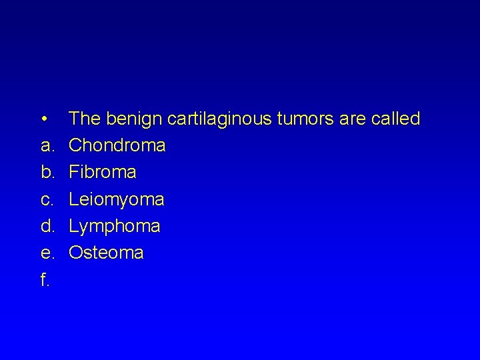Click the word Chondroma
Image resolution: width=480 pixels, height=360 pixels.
click(x=117, y=145)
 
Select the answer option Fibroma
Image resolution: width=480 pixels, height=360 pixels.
click(x=103, y=173)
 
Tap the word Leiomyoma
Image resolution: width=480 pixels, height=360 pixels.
click(x=117, y=200)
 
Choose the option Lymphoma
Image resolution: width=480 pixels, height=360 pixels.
click(x=115, y=227)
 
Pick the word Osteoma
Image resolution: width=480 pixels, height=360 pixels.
click(x=106, y=253)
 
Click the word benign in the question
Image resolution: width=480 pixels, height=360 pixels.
click(x=137, y=119)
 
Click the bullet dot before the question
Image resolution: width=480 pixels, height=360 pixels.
click(x=43, y=120)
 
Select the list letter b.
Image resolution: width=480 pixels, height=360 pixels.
click(x=46, y=173)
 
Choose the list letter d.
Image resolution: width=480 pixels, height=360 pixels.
click(x=46, y=227)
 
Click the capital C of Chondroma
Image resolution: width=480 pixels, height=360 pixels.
click(x=76, y=145)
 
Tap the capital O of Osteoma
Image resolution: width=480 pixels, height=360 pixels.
click(x=77, y=253)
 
